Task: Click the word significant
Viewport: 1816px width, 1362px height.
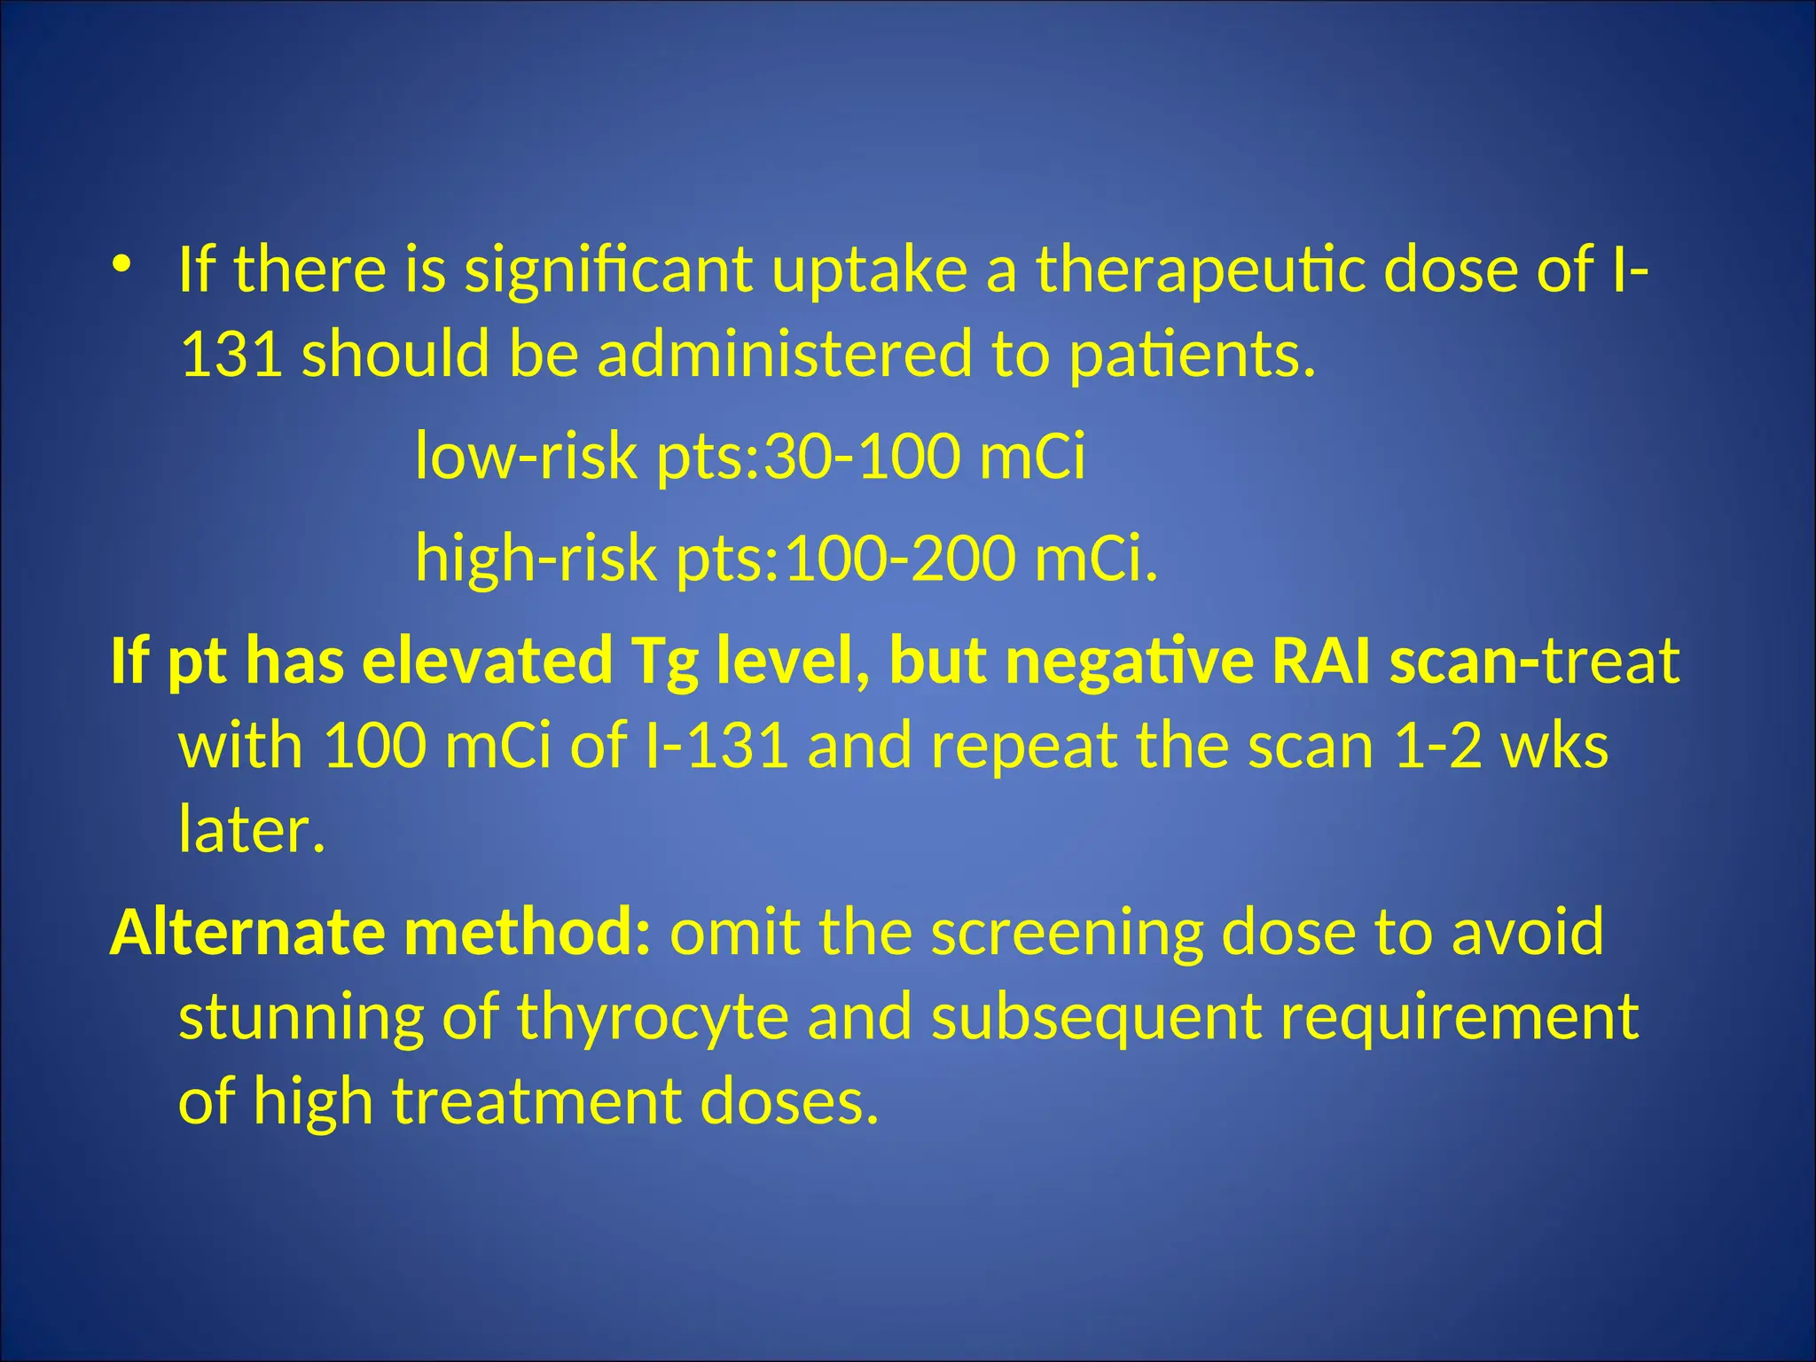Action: (x=608, y=270)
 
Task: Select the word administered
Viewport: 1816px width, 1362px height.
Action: (x=785, y=354)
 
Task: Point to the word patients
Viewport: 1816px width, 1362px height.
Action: (x=1192, y=354)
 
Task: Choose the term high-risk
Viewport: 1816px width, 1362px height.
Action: (x=536, y=559)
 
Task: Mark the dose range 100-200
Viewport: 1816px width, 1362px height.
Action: (x=899, y=559)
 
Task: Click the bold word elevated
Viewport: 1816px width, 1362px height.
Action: (x=487, y=661)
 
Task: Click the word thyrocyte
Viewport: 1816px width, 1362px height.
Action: (x=653, y=1017)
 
